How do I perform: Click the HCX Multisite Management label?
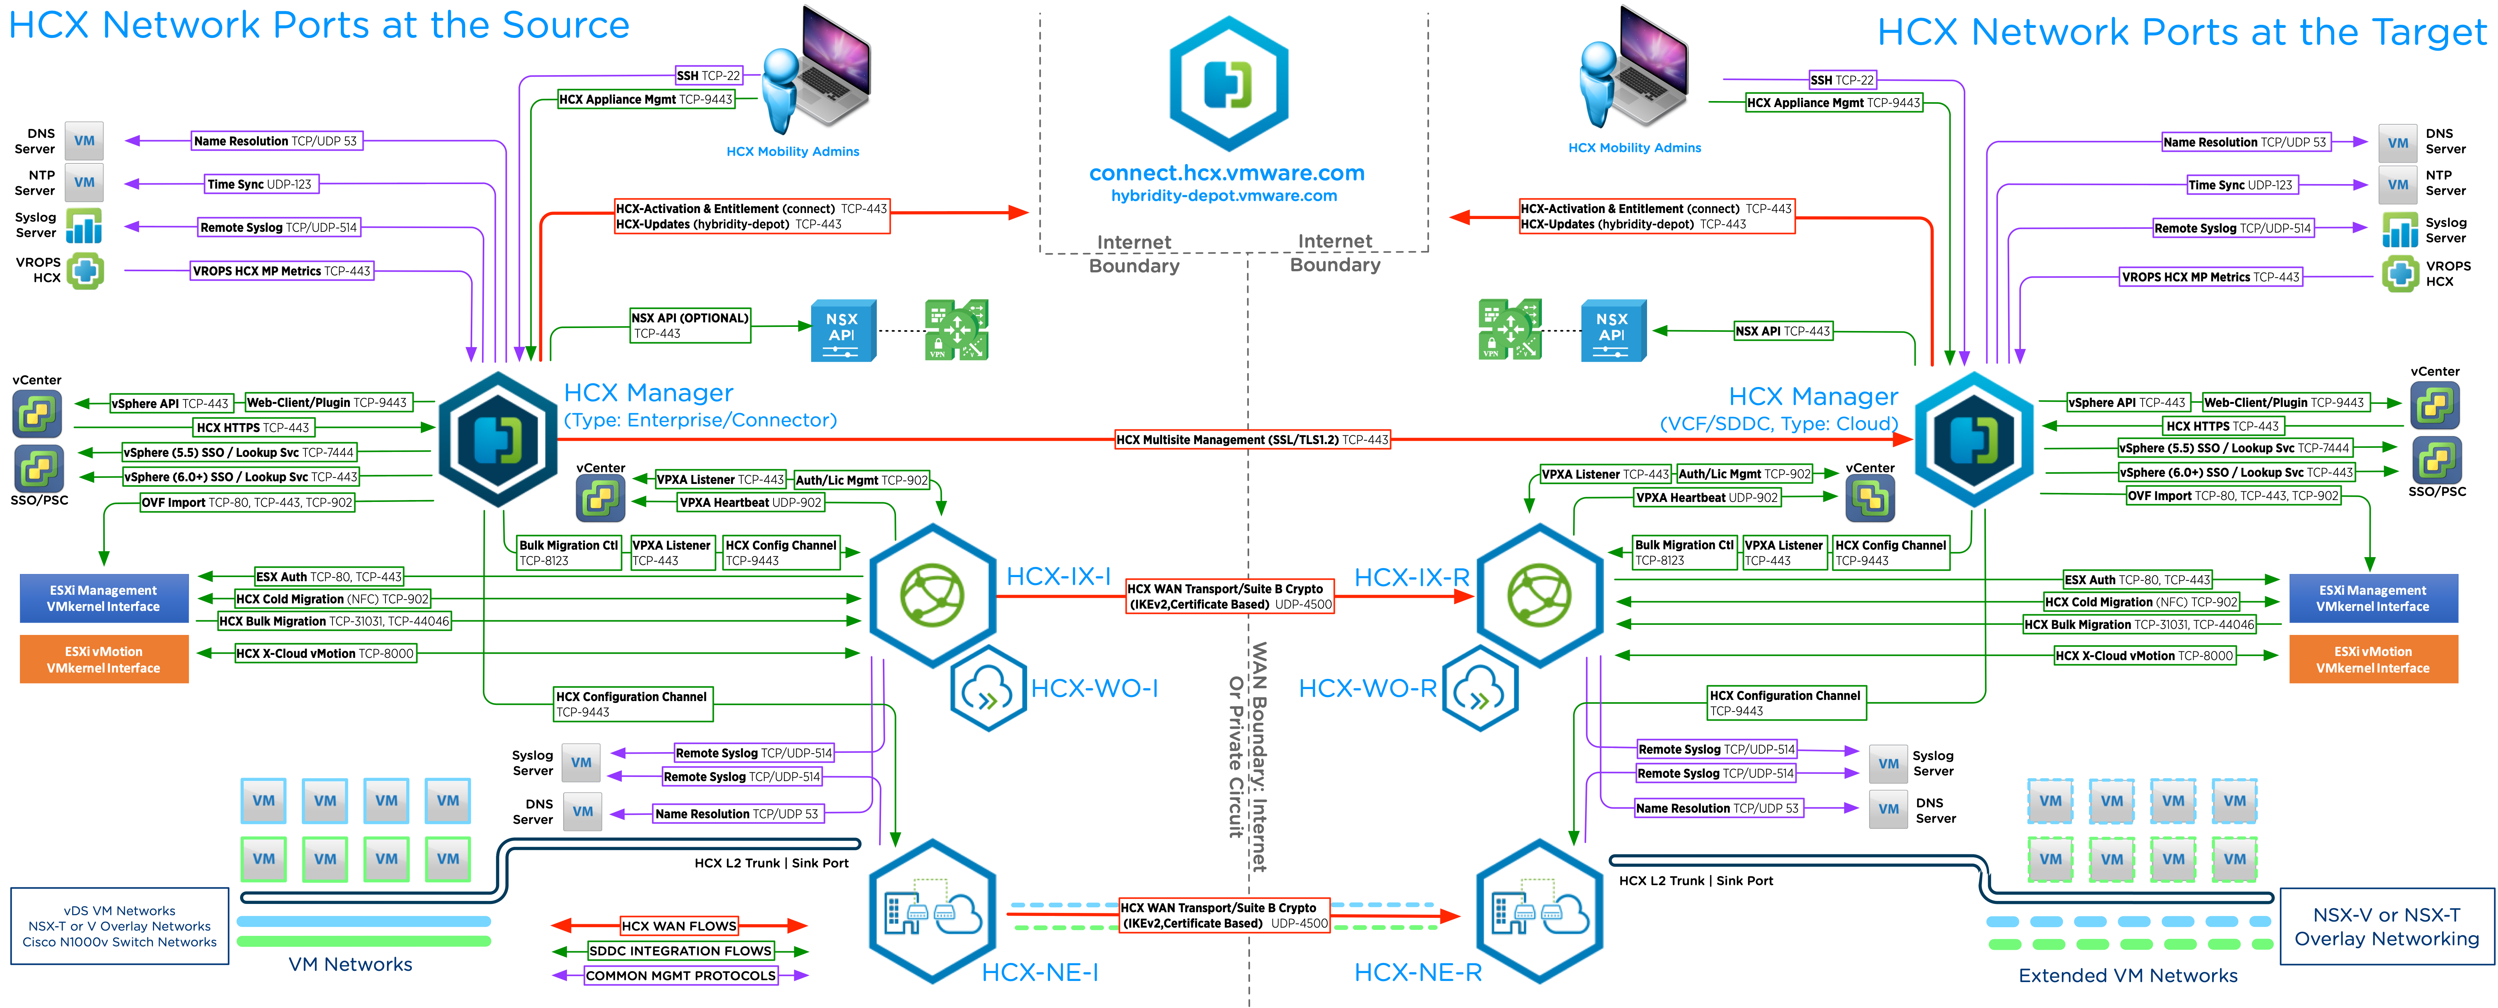1252,440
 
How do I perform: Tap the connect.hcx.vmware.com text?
1227,173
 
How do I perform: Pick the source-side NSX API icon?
843,330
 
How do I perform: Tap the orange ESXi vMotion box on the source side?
104,660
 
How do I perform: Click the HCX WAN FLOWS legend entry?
679,926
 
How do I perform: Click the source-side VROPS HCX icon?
85,271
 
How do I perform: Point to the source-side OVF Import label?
246,503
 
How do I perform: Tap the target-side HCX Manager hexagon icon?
1974,440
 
